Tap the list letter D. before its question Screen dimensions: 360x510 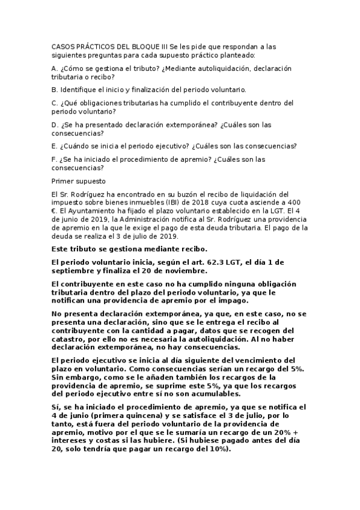coord(55,124)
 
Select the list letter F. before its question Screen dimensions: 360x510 coord(55,159)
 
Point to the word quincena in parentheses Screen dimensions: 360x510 coord(141,415)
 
